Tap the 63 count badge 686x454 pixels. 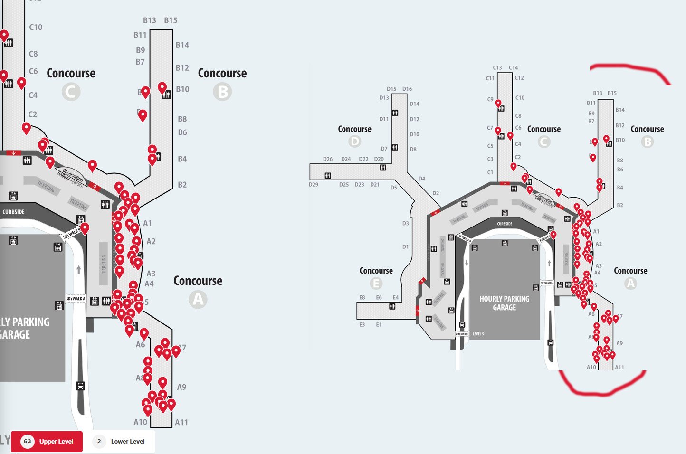(x=28, y=442)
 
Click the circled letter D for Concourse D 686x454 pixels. (x=354, y=142)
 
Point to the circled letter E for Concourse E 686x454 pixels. (x=376, y=284)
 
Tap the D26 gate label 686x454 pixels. (x=328, y=159)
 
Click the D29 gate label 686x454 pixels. (x=314, y=185)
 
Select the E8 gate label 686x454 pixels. (x=362, y=298)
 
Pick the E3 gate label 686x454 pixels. (x=362, y=325)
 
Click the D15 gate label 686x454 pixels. (x=391, y=89)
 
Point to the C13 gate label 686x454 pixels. (x=497, y=68)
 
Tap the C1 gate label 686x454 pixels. (x=490, y=172)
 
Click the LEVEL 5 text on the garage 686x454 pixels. (x=478, y=334)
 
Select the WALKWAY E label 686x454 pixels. (x=462, y=334)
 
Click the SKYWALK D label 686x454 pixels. (x=464, y=238)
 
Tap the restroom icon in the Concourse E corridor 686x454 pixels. (x=392, y=306)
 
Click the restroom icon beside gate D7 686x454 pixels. (x=395, y=148)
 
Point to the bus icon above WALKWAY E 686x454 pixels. (x=462, y=325)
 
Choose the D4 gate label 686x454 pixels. (x=422, y=179)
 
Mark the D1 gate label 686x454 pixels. (x=405, y=247)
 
